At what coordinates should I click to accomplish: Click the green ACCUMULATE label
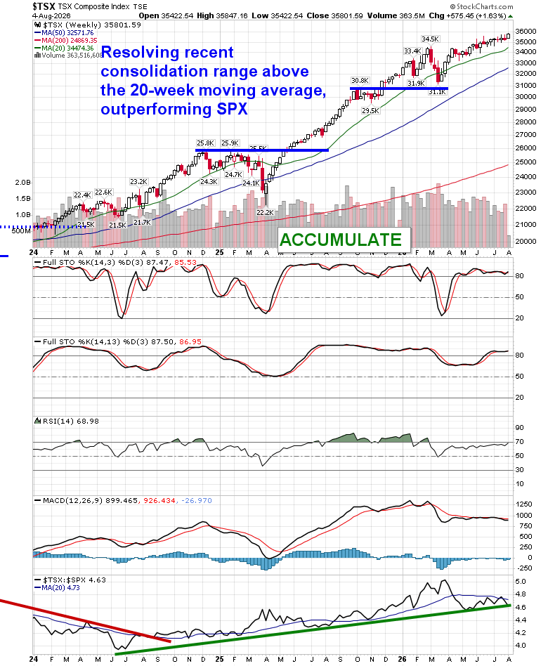coord(340,240)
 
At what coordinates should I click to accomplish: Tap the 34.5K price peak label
coord(430,39)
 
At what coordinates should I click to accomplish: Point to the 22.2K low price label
coord(265,212)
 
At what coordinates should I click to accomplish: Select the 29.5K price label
coord(370,111)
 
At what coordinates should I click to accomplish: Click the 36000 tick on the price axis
coord(526,32)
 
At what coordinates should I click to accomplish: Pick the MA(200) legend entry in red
coord(66,40)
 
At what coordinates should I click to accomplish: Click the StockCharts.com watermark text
coord(481,6)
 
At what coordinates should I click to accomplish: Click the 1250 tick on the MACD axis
coord(524,504)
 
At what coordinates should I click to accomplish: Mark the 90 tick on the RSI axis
coord(519,428)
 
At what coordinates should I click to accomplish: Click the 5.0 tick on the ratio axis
coord(521,582)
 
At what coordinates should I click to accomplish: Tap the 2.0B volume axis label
coord(23,183)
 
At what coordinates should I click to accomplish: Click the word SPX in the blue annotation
coord(232,109)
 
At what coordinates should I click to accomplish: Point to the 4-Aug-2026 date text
coord(51,15)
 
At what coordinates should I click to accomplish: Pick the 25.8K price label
coord(206,143)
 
